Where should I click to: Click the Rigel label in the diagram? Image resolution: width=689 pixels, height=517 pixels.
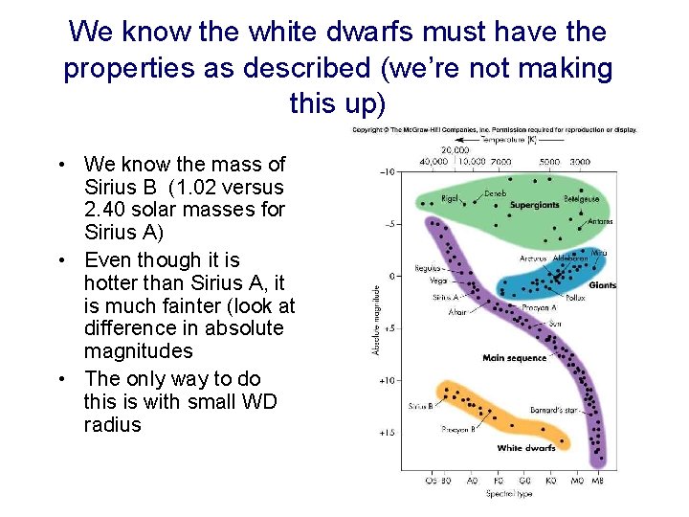[450, 199]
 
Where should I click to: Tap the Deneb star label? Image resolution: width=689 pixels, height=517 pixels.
[495, 192]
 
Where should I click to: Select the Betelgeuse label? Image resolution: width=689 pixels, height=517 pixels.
[581, 199]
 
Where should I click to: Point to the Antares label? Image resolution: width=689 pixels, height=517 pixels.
[600, 221]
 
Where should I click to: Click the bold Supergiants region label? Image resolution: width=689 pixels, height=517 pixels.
[535, 205]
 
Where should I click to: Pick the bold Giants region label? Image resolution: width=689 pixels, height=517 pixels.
[602, 285]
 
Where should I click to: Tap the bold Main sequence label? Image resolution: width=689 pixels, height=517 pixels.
[514, 358]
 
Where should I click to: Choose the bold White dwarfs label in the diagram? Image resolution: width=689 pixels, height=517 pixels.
[525, 448]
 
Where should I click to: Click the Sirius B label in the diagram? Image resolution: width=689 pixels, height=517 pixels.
[420, 406]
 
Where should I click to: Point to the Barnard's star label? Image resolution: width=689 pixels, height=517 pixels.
[554, 410]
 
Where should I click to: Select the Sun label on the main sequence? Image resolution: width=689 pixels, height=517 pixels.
[554, 324]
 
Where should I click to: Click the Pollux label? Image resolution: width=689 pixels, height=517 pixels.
[574, 298]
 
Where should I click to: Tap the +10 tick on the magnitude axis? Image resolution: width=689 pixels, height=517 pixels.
[386, 380]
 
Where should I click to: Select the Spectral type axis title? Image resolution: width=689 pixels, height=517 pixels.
[509, 493]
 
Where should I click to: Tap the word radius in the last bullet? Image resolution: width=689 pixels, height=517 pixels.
[112, 424]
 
